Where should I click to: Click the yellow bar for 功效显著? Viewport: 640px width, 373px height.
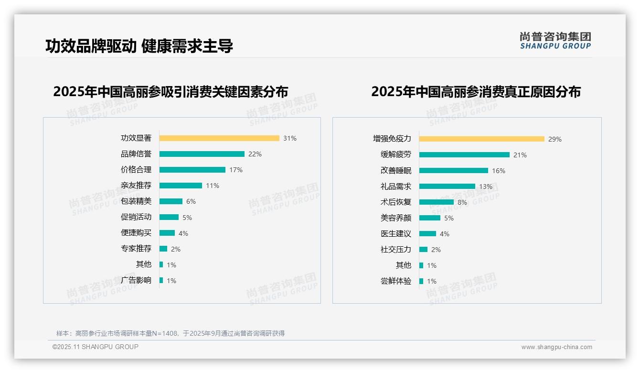[219, 138]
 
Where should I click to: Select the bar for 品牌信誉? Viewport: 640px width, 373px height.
[202, 154]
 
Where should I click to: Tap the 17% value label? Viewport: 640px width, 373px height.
[236, 170]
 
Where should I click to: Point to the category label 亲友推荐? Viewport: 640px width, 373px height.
[136, 186]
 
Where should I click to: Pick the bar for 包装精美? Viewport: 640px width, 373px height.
[171, 201]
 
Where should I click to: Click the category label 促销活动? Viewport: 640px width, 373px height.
[136, 217]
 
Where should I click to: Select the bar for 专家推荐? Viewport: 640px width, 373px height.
[163, 249]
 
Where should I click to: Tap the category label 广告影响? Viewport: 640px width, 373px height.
[136, 280]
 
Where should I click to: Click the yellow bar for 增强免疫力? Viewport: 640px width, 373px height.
[482, 139]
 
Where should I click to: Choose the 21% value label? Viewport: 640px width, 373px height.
[520, 155]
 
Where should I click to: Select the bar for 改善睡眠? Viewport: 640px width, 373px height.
[454, 171]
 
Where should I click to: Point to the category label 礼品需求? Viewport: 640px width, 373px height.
[396, 186]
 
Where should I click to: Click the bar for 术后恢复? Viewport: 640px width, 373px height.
[437, 202]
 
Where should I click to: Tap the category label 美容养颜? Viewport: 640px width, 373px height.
[396, 218]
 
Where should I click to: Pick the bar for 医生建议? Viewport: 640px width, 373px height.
[427, 234]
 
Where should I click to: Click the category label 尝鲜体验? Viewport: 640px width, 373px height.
[396, 281]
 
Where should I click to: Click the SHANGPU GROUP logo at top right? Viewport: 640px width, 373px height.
[555, 41]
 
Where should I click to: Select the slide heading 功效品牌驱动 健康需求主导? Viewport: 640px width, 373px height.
[139, 46]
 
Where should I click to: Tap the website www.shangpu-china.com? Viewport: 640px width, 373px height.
[556, 347]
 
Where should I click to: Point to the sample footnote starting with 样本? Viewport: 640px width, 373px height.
[171, 333]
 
